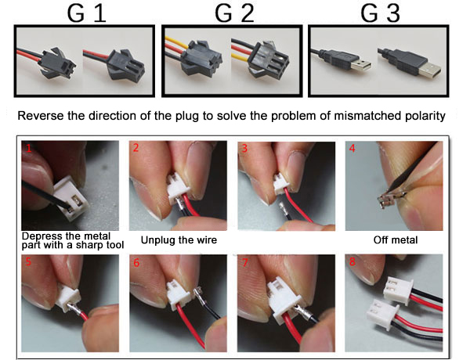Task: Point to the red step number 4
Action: click(x=352, y=147)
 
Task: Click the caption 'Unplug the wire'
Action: click(x=179, y=239)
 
